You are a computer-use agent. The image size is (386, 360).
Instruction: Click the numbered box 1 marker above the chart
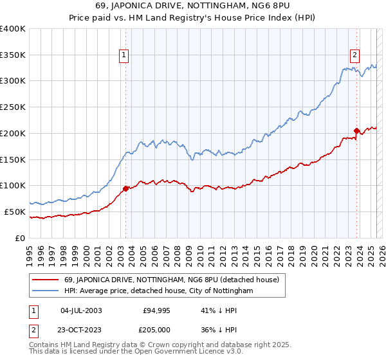pos(124,56)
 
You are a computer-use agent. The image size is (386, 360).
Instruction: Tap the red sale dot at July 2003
pos(125,188)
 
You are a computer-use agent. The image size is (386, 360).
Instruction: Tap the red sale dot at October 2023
pos(356,130)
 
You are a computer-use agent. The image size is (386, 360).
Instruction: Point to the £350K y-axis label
pos(12,55)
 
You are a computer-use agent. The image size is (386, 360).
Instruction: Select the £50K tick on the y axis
pos(15,212)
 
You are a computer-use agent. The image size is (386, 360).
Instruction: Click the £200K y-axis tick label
pos(12,133)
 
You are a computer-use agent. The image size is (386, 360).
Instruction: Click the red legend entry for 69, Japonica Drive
pos(171,280)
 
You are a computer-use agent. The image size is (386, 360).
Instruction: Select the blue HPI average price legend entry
pos(158,291)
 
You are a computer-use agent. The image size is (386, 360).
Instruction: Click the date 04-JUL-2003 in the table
pos(80,310)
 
